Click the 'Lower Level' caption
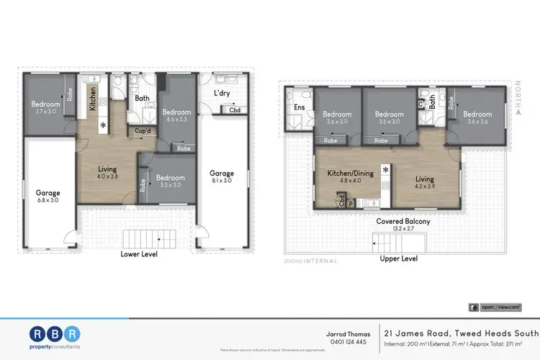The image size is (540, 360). (138, 254)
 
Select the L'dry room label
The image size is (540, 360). (221, 93)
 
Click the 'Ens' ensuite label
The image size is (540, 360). (298, 108)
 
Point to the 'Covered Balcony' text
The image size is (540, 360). (403, 221)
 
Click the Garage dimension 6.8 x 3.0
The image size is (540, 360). (48, 202)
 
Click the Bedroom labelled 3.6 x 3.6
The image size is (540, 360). (477, 122)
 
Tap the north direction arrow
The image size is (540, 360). (518, 108)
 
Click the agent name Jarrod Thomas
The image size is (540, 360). (351, 333)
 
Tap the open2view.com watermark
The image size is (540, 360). (500, 307)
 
